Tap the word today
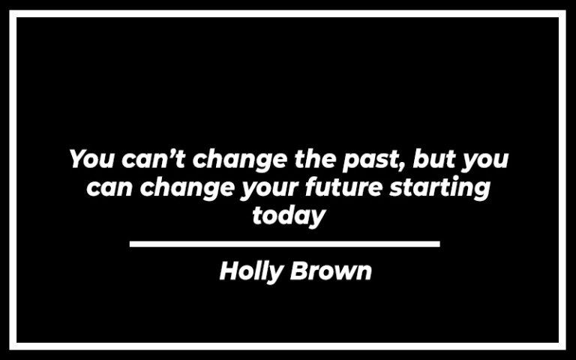[x=289, y=216]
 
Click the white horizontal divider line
[x=284, y=244]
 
